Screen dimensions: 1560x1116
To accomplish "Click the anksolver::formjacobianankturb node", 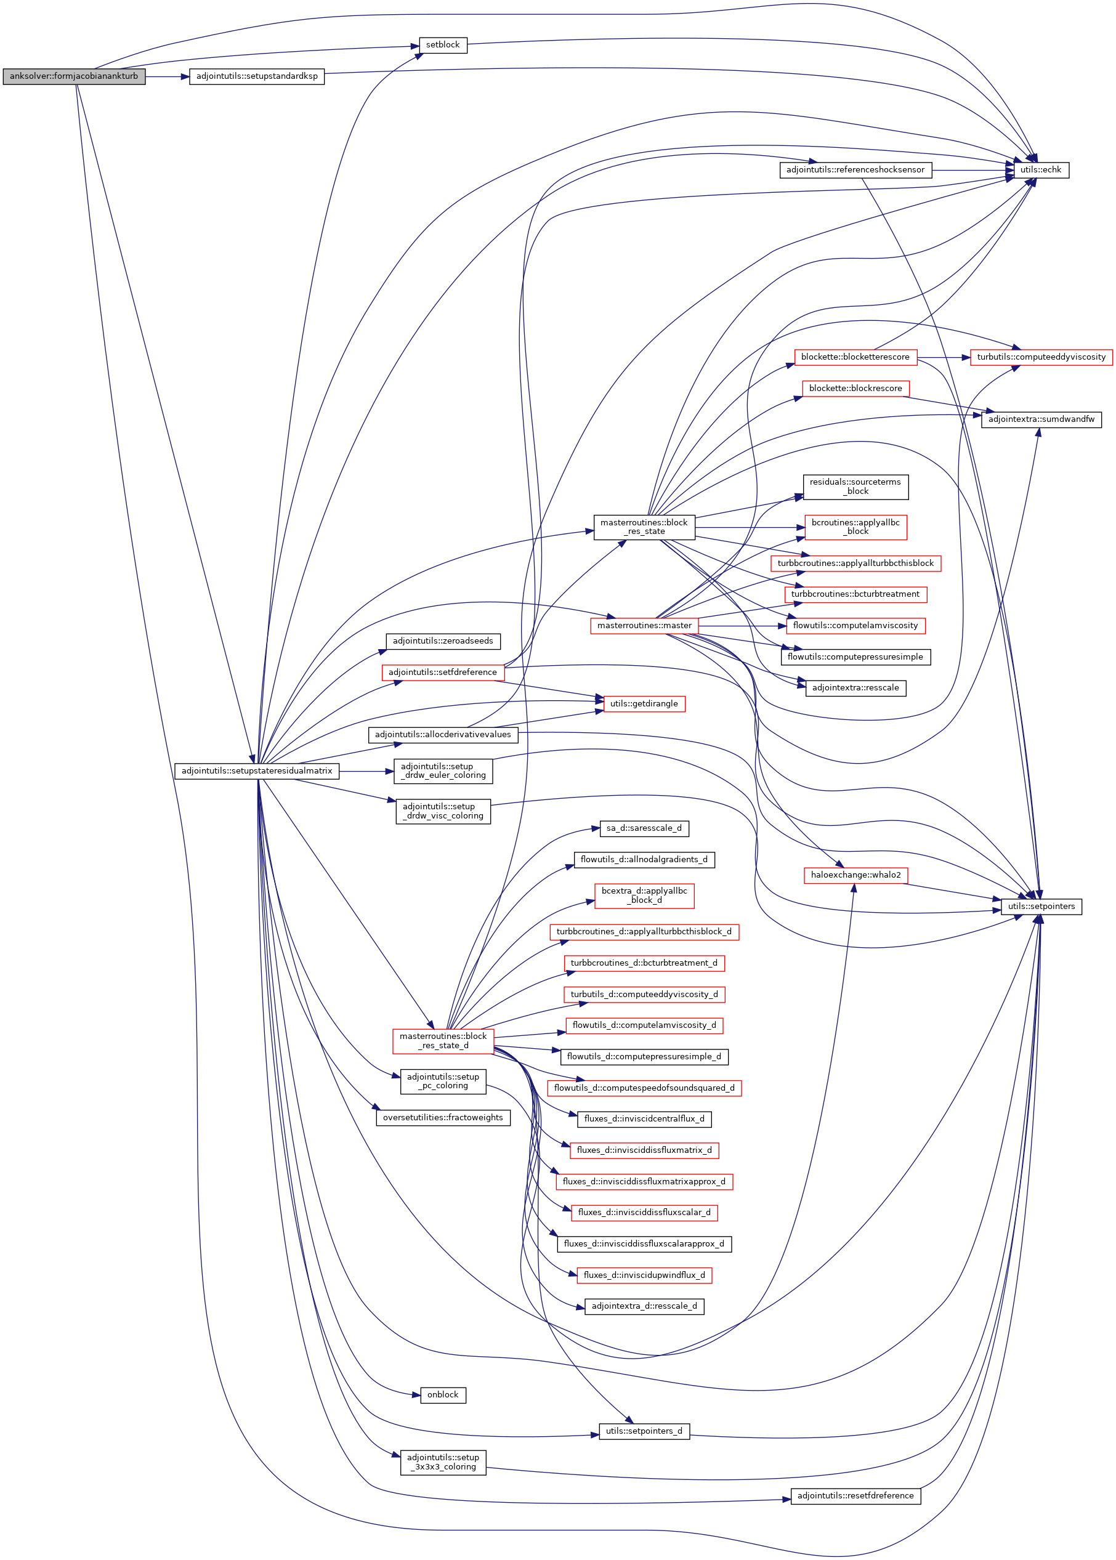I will click(73, 76).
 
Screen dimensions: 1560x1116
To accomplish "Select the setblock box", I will click(443, 46).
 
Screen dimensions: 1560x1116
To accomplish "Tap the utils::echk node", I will click(1040, 170).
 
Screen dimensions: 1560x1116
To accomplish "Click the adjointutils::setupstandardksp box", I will click(256, 76).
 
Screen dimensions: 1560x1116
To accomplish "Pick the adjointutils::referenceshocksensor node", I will click(855, 170).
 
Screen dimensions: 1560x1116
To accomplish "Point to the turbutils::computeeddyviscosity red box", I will click(1040, 357).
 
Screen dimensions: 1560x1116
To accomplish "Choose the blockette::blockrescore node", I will click(855, 388).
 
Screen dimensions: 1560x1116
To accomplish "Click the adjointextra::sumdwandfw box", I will click(1040, 419).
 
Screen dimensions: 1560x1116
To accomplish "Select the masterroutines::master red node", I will click(644, 625).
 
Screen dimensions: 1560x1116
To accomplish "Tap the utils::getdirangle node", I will click(643, 704).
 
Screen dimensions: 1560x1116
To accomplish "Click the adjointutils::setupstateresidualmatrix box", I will click(256, 771).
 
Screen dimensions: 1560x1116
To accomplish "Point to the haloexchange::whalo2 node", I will click(855, 875).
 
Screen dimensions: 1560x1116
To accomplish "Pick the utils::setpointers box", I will click(1040, 907).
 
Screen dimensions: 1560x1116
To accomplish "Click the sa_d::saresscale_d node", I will click(643, 828).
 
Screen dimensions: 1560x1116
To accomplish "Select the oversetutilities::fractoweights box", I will click(443, 1117).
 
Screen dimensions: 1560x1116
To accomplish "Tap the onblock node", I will click(443, 1394).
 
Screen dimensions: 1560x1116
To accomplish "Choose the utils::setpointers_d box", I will click(643, 1431).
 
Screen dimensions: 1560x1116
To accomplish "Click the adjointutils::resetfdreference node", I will click(855, 1495).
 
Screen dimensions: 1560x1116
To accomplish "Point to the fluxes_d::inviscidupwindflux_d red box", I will click(643, 1275).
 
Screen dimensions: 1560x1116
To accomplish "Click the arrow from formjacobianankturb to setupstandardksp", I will click(167, 76).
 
